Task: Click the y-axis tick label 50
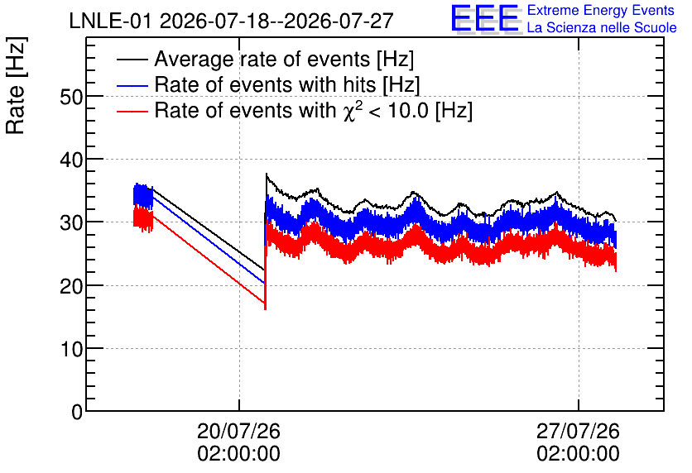click(71, 97)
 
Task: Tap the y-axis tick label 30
click(71, 223)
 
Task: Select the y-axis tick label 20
click(71, 286)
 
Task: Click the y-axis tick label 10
click(71, 349)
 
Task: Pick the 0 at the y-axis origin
click(77, 412)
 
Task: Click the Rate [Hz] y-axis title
click(16, 85)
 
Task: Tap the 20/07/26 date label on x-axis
click(238, 431)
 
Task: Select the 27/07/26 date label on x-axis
click(578, 431)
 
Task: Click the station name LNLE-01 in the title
click(112, 21)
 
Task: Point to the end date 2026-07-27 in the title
click(339, 21)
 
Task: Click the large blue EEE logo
click(485, 19)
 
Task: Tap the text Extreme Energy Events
click(601, 10)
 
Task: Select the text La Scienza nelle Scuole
click(602, 27)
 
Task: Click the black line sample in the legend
click(132, 59)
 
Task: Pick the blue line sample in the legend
click(132, 85)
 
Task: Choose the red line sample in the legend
click(132, 111)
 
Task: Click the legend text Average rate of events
click(262, 59)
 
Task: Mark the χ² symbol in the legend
click(353, 110)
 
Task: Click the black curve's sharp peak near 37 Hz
click(266, 174)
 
